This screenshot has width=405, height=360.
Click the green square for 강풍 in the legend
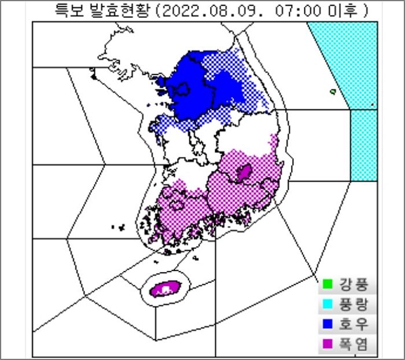[x=327, y=284]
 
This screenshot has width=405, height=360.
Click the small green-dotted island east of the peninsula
[x=333, y=91]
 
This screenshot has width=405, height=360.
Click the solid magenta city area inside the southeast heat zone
[x=244, y=172]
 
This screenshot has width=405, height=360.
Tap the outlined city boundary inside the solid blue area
[x=181, y=89]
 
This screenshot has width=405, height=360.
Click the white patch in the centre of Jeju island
[x=168, y=288]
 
